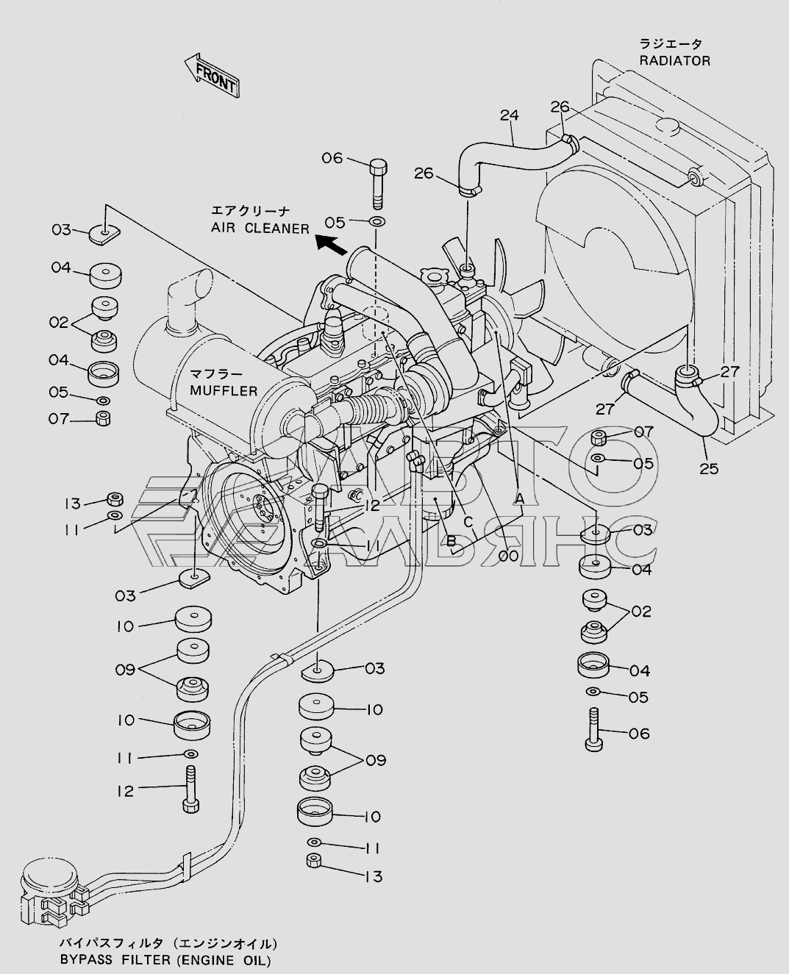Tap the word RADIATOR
pyautogui.click(x=674, y=61)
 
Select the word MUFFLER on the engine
pyautogui.click(x=224, y=391)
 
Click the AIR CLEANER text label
pyautogui.click(x=260, y=228)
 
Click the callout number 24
pyautogui.click(x=509, y=115)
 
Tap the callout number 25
pyautogui.click(x=709, y=469)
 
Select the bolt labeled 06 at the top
pyautogui.click(x=376, y=183)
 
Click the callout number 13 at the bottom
pyautogui.click(x=374, y=876)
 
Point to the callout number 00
pyautogui.click(x=507, y=556)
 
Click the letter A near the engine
pyautogui.click(x=518, y=499)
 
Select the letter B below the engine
pyautogui.click(x=451, y=542)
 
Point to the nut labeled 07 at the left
pyautogui.click(x=104, y=418)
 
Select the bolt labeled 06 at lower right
pyautogui.click(x=594, y=729)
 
